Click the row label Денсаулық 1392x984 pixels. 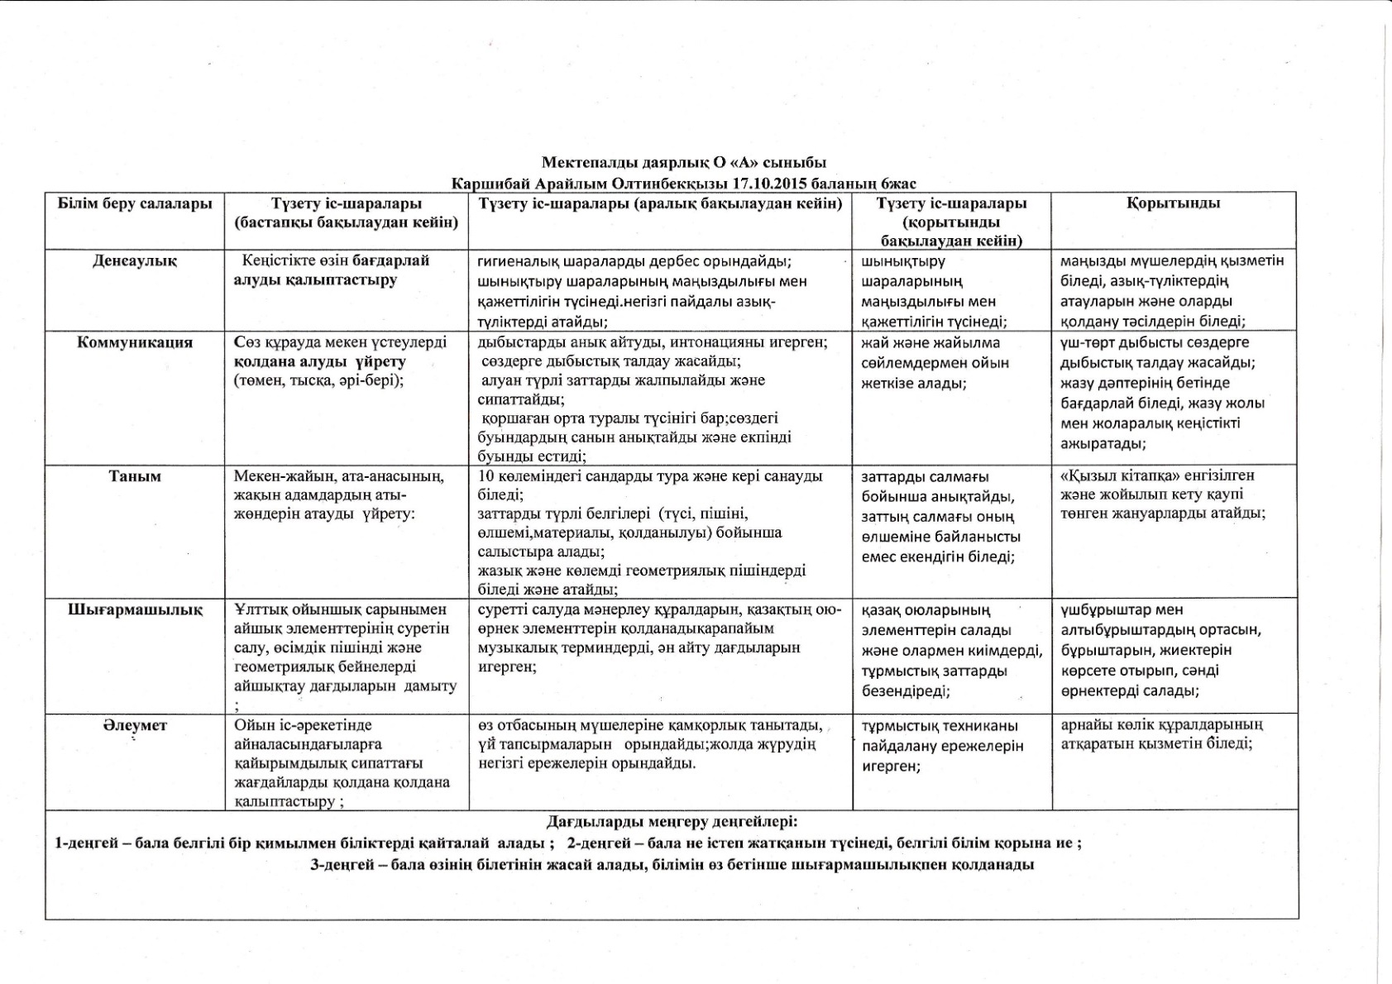[x=134, y=261]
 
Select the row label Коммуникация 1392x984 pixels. [x=134, y=343]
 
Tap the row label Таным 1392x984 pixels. [x=134, y=476]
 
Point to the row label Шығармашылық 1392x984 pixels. [x=134, y=610]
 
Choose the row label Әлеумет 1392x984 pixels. [x=134, y=725]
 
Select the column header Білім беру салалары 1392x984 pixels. [x=134, y=203]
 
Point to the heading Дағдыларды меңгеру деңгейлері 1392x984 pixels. [x=672, y=822]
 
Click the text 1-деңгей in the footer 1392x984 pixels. [x=81, y=843]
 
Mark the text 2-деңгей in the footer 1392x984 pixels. [x=595, y=843]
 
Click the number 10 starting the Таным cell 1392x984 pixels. [x=486, y=476]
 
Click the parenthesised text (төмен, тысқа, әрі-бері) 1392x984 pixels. [x=318, y=380]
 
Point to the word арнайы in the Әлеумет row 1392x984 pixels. [x=1083, y=724]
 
